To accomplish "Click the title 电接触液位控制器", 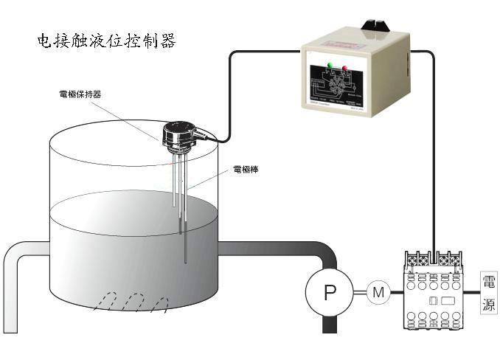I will click(106, 41).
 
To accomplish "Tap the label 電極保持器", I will click(80, 94).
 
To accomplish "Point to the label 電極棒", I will click(245, 169).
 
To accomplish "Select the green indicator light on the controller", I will click(329, 67).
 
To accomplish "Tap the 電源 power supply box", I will click(488, 293).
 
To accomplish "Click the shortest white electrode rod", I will click(175, 181).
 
